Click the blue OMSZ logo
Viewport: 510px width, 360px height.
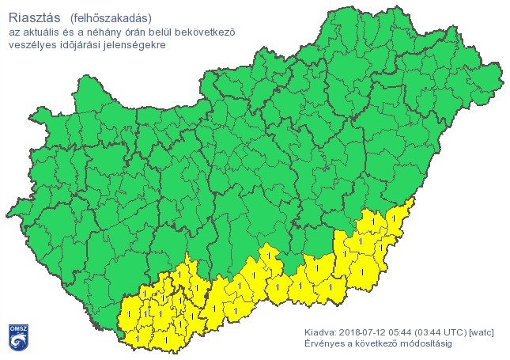pyautogui.click(x=17, y=336)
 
